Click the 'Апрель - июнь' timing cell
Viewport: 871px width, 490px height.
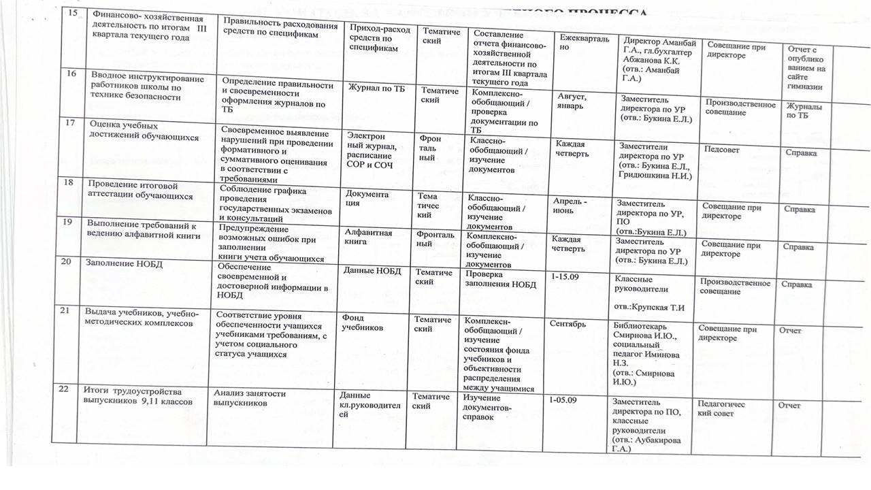tap(570, 206)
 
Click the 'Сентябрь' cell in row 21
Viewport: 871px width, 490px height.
tap(568, 323)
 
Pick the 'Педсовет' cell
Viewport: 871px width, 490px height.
tap(722, 149)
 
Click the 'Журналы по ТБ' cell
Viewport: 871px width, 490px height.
tap(803, 111)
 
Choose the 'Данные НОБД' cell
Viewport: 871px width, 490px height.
tap(372, 271)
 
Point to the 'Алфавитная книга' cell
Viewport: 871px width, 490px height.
tap(369, 237)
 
